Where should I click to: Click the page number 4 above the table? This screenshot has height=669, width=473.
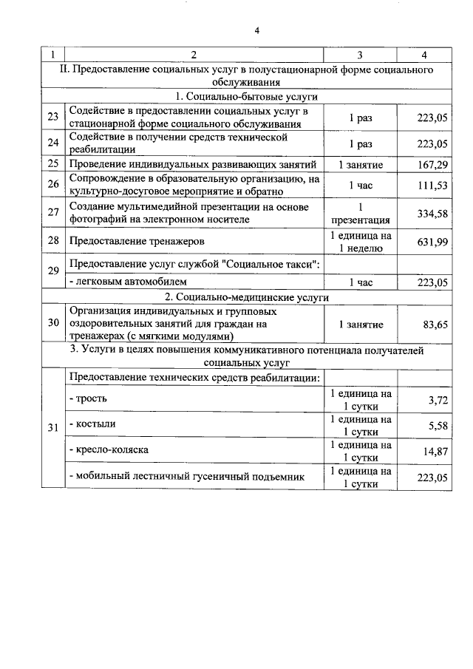pyautogui.click(x=256, y=30)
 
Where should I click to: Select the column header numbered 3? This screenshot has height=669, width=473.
pyautogui.click(x=360, y=55)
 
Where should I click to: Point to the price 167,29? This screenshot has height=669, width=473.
pyautogui.click(x=432, y=164)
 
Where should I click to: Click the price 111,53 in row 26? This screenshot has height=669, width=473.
pyautogui.click(x=432, y=186)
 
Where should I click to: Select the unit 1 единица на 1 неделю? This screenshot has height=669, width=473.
pyautogui.click(x=360, y=242)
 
